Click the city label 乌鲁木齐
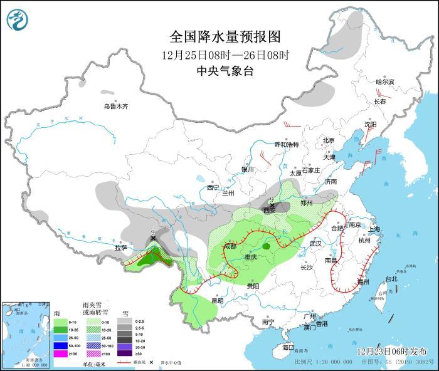115,107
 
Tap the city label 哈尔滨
384,82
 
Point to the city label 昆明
217,300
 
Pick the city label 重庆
251,257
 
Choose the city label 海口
288,347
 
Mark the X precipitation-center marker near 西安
272,206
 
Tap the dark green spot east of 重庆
267,247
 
